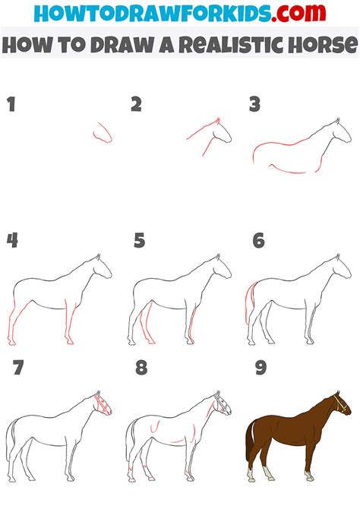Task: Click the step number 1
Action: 11,104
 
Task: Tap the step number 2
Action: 137,104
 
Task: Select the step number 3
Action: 255,104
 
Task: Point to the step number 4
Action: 12,241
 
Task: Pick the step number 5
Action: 139,241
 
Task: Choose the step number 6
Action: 259,241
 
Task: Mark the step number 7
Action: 18,368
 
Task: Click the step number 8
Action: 141,368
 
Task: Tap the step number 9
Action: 261,368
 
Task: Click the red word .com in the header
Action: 298,13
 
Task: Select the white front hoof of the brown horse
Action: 309,476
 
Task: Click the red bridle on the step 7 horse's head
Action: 103,404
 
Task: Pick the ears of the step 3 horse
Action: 338,121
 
